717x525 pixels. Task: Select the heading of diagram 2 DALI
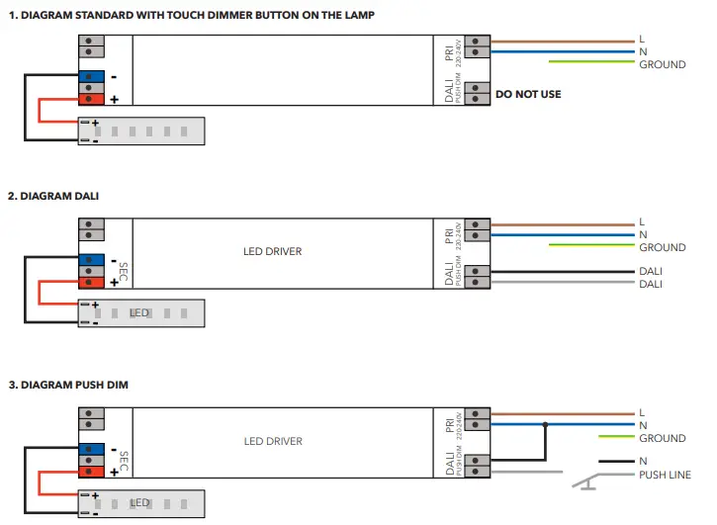tap(53, 197)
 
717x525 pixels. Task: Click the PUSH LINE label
tap(665, 476)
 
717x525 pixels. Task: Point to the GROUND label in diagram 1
tap(662, 64)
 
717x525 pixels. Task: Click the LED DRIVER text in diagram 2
tap(272, 251)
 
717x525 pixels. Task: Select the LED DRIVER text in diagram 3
tap(272, 441)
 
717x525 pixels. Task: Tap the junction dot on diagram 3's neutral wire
tap(545, 425)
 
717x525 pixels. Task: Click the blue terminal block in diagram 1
tap(91, 75)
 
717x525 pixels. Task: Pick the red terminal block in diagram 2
tap(91, 283)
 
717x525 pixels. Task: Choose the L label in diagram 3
tap(642, 412)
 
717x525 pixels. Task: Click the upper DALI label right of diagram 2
tap(651, 271)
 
